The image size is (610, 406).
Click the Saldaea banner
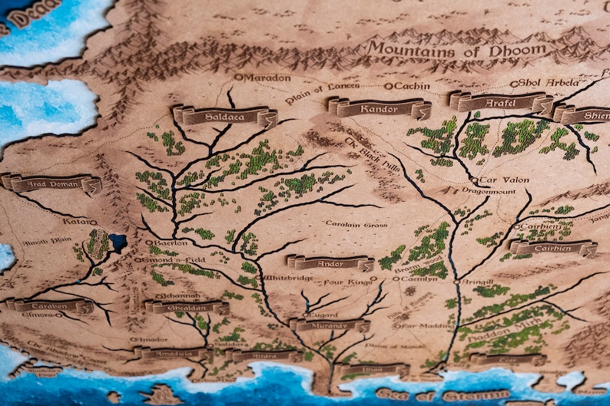224,116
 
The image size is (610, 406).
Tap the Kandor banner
380,107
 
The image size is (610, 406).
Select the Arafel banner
501,101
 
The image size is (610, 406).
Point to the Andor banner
330,262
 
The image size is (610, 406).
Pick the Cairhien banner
553,248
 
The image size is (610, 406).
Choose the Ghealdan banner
187,307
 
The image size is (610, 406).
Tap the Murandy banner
330,325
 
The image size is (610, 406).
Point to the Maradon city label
266,78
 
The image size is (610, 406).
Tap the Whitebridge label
288,277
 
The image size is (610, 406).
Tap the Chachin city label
412,86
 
